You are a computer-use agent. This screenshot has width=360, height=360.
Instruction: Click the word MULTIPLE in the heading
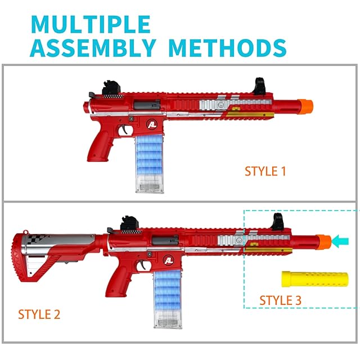pyautogui.click(x=91, y=25)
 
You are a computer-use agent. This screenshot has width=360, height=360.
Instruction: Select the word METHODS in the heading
pyautogui.click(x=227, y=48)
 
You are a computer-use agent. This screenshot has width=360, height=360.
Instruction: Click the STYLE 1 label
pyautogui.click(x=265, y=172)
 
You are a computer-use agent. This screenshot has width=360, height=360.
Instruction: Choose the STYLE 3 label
pyautogui.click(x=280, y=300)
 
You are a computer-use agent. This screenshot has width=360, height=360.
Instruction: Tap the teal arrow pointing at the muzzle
pyautogui.click(x=340, y=241)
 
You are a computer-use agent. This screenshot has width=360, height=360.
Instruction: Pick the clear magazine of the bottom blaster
pyautogui.click(x=168, y=304)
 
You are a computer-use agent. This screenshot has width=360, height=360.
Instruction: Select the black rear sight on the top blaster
pyautogui.click(x=109, y=89)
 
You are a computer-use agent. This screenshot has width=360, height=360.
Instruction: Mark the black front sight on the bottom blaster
pyautogui.click(x=278, y=222)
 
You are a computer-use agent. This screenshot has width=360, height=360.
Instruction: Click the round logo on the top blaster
pyautogui.click(x=154, y=124)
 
